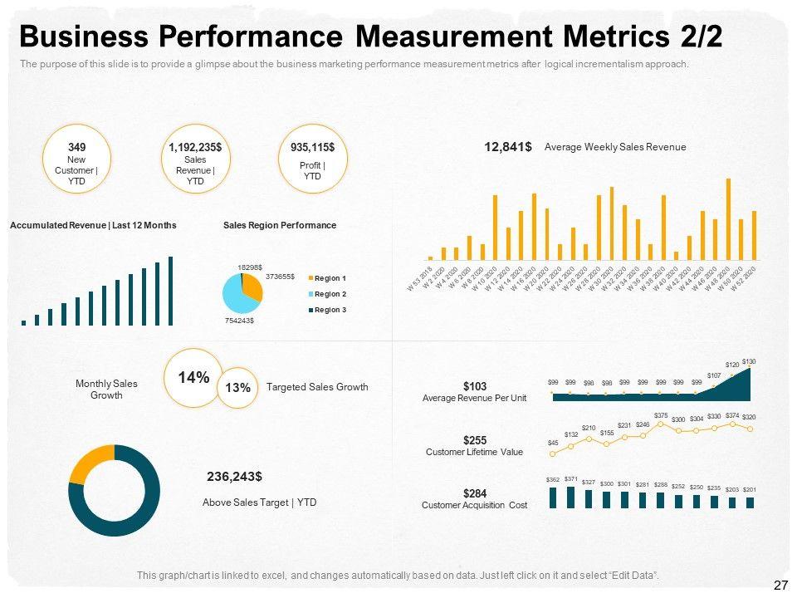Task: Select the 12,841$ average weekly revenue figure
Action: (x=508, y=147)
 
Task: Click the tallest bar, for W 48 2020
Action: (x=728, y=219)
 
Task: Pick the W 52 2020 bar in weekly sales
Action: (x=754, y=235)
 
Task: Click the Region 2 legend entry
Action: (x=330, y=294)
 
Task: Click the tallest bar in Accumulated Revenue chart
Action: (x=171, y=290)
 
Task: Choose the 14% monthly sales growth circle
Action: (x=193, y=378)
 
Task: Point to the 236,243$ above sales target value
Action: (x=234, y=477)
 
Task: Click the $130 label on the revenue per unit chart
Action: (x=749, y=361)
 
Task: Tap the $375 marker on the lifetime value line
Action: (x=661, y=424)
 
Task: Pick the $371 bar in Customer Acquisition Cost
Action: (x=570, y=497)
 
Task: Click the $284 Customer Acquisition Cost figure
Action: (x=474, y=494)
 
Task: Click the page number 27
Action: (x=780, y=586)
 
